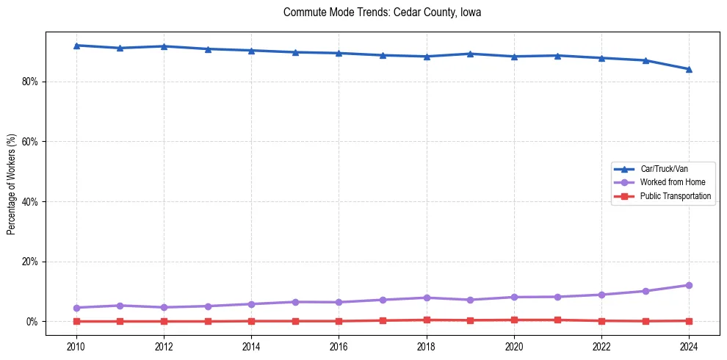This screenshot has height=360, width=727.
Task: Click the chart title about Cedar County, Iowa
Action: point(382,12)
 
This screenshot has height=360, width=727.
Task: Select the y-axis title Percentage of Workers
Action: point(11,184)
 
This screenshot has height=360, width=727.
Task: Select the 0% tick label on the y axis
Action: point(31,322)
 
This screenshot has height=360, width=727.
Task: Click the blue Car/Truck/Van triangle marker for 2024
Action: point(689,69)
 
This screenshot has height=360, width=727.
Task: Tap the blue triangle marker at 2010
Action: point(76,46)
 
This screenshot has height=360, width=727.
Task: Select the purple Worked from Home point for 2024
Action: point(689,285)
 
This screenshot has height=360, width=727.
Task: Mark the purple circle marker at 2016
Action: point(339,302)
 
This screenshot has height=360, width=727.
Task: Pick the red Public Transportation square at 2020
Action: point(514,320)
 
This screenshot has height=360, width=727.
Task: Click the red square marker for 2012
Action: point(164,321)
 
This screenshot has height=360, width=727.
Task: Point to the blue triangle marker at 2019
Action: point(470,54)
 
